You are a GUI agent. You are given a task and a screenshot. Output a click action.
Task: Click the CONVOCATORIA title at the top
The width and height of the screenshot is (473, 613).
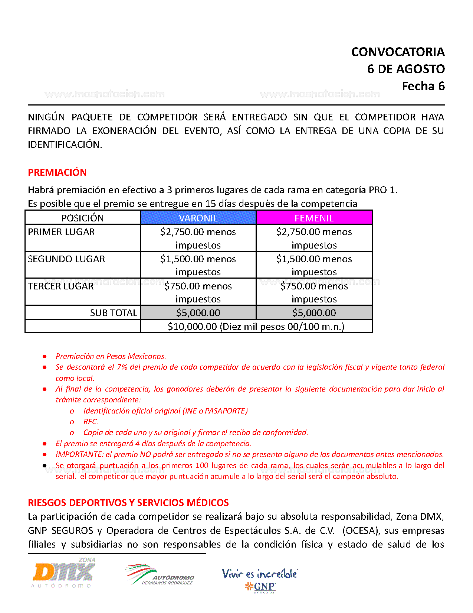[398, 52]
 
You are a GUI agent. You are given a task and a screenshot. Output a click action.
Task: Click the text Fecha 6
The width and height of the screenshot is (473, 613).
[423, 86]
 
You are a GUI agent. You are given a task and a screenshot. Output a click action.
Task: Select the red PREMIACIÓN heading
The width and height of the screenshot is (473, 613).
[57, 172]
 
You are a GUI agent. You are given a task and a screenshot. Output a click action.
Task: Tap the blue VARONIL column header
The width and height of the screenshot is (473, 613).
[198, 218]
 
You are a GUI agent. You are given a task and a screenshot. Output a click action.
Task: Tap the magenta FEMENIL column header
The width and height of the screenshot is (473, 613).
[314, 218]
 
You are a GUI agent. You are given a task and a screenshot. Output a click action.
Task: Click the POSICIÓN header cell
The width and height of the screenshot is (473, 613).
[82, 218]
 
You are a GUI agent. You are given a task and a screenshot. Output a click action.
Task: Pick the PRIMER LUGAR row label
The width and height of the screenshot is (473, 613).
[61, 232]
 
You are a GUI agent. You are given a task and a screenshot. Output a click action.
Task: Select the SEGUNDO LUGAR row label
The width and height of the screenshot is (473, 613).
[66, 259]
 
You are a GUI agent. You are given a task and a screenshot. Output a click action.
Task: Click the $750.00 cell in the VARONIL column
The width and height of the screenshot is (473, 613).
[198, 292]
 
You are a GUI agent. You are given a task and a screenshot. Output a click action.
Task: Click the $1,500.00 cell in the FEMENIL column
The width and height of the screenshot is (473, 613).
[314, 265]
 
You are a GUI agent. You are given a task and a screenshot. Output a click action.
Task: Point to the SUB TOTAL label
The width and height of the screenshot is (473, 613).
[114, 313]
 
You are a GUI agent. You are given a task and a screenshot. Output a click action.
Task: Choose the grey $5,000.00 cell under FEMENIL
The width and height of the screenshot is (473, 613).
[314, 313]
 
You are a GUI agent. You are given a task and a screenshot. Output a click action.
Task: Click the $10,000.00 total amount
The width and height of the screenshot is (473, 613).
[192, 327]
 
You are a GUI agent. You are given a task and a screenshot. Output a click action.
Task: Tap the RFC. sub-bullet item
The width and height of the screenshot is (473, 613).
[91, 422]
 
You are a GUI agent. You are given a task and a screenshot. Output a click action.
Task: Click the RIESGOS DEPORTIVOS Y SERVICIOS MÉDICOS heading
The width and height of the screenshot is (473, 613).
[128, 503]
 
